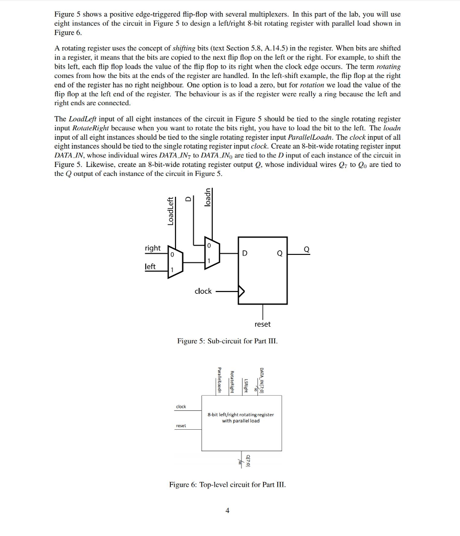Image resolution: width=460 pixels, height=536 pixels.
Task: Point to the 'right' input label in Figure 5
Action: (153, 248)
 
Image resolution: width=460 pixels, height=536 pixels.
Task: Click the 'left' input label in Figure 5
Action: (150, 266)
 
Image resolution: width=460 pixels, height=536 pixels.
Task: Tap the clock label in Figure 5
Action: (203, 291)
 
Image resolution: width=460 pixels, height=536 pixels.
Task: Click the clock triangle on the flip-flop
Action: (242, 291)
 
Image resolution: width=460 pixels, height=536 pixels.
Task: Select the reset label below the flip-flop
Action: (262, 324)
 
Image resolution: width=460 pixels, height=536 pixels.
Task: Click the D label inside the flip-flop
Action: (244, 254)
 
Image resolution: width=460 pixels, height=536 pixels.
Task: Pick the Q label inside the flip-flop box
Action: (280, 254)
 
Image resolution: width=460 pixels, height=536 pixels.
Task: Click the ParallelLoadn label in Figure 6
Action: (220, 380)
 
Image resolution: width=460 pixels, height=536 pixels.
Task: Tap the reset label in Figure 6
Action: (181, 426)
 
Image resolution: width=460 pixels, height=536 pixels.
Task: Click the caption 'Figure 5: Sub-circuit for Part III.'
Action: (227, 341)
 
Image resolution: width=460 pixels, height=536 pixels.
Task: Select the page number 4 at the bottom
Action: (227, 510)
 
